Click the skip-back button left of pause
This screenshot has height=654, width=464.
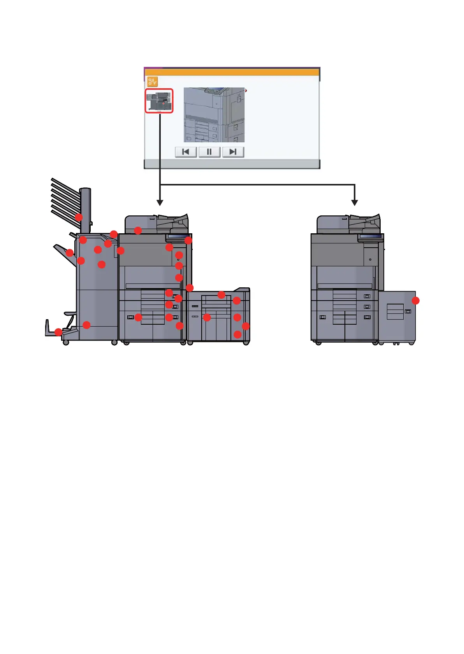186,152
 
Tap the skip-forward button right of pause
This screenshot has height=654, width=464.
233,152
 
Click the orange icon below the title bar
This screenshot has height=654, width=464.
152,82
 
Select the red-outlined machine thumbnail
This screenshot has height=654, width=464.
159,101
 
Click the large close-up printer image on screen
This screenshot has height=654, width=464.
214,115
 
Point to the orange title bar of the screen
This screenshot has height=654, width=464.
232,72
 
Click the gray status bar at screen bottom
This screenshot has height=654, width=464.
232,164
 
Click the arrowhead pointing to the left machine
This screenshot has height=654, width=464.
160,202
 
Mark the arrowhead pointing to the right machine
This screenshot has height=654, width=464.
354,202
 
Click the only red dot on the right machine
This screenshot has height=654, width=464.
416,301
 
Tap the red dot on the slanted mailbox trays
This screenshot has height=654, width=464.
79,217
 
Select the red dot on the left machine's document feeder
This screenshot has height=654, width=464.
138,231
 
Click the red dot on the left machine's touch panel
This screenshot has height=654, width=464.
188,240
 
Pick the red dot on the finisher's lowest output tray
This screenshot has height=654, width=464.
58,332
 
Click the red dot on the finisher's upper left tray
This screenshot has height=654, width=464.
70,253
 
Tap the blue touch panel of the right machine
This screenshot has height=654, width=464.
371,236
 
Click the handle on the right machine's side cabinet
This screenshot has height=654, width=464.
408,311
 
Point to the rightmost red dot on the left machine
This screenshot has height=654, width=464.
246,326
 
